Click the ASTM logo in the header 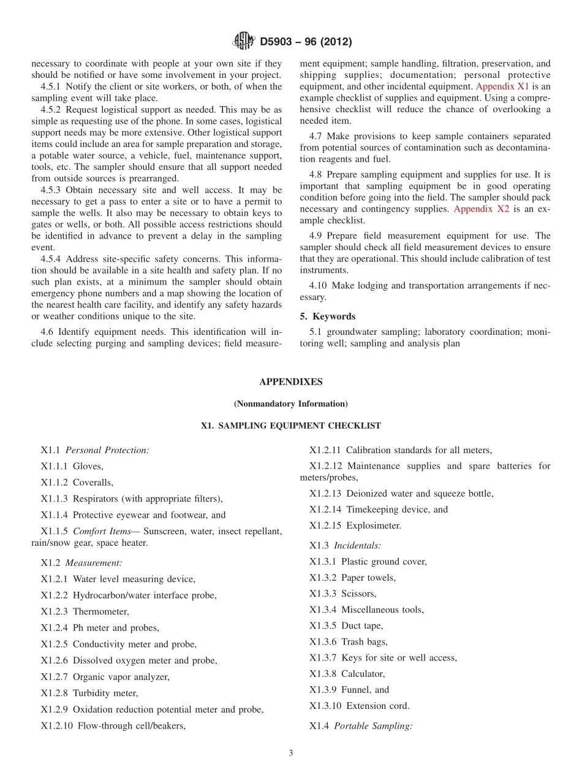[244, 42]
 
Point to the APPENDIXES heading [290, 381]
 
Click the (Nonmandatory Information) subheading [290, 403]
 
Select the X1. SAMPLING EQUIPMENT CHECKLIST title [290, 426]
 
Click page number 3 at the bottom [291, 754]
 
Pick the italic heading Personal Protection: [107, 450]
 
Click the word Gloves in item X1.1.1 [88, 466]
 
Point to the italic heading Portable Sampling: [373, 726]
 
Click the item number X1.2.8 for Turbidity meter [55, 693]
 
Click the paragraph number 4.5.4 [51, 259]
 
